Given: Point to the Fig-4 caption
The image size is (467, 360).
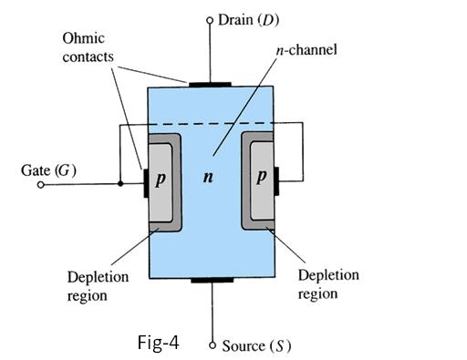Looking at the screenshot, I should point(158,344).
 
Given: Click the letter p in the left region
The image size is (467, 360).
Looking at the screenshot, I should point(161,178).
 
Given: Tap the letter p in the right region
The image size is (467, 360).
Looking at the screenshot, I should point(260,178).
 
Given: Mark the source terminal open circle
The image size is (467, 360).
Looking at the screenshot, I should point(212,345).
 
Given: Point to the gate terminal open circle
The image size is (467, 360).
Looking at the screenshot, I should point(41,184).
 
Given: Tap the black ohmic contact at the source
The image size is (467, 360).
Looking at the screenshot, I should point(211,278).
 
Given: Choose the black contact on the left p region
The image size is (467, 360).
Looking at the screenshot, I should point(144,181).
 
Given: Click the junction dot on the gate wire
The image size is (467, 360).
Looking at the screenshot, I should point(121,184).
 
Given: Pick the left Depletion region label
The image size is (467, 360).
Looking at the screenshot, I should point(98,285).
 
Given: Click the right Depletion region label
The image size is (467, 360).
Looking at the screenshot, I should point(329,283).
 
